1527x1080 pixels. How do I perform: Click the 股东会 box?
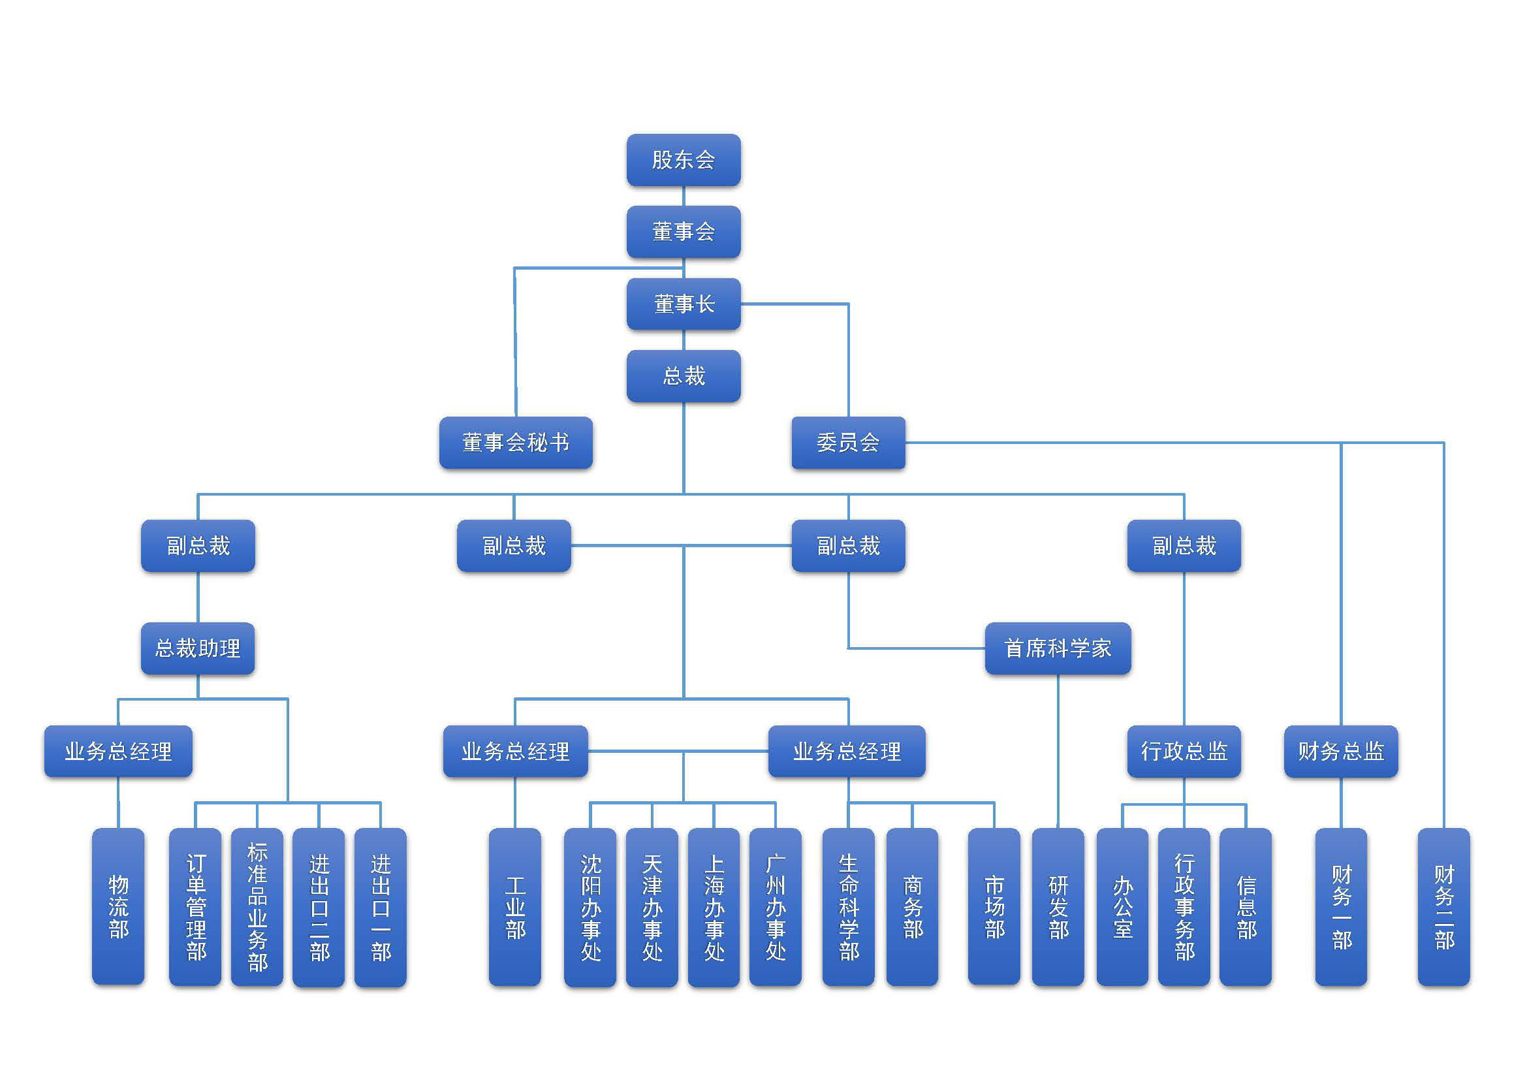coord(683,160)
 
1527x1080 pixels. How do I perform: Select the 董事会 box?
coord(683,232)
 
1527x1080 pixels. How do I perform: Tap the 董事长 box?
coord(683,304)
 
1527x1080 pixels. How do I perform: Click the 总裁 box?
coord(683,376)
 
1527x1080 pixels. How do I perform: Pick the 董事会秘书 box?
coord(516,443)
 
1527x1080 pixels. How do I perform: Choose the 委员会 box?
coord(848,443)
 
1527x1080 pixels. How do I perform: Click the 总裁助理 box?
coord(198,648)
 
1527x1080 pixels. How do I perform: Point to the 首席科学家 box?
coord(1058,648)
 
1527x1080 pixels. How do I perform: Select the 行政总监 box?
coord(1184,752)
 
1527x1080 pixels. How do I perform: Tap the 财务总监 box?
coord(1341,752)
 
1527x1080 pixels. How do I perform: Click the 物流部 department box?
coord(118,906)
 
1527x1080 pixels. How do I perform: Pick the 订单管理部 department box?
coord(196,906)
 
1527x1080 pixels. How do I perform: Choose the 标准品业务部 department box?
coord(257,906)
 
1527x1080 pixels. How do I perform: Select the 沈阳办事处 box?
coord(590,906)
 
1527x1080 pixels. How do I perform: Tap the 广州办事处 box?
coord(776,906)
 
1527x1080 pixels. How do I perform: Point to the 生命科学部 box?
coord(849,906)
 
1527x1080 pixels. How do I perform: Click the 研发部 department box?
coord(1058,906)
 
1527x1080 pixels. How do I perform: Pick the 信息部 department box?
coord(1246,906)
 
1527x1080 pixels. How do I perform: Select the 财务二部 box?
coord(1444,906)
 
